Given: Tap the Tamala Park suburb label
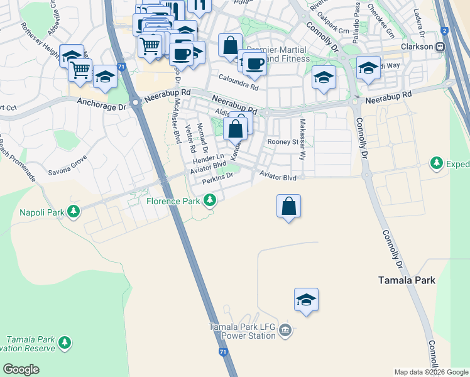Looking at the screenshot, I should coord(408,280).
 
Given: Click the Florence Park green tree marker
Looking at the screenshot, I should coord(210,201).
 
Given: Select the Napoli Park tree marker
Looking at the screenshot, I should coord(74,211).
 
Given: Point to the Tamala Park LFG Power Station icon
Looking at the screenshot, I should coord(285,330).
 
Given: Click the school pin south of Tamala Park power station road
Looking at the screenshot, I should coord(306,300).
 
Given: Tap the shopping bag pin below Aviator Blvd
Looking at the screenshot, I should coord(288,206).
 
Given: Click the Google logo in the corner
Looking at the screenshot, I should coord(21,369).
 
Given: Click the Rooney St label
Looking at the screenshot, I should coord(283,142).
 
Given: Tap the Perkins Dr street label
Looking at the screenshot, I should coord(218,179).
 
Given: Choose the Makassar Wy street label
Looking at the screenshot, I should coord(302,140).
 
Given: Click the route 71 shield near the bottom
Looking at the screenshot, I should coord(224,353).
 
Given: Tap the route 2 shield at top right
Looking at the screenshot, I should coord(444,30).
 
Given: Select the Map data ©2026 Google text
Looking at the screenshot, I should coord(431,372).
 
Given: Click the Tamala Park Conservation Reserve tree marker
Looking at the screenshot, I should coord(65,342).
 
